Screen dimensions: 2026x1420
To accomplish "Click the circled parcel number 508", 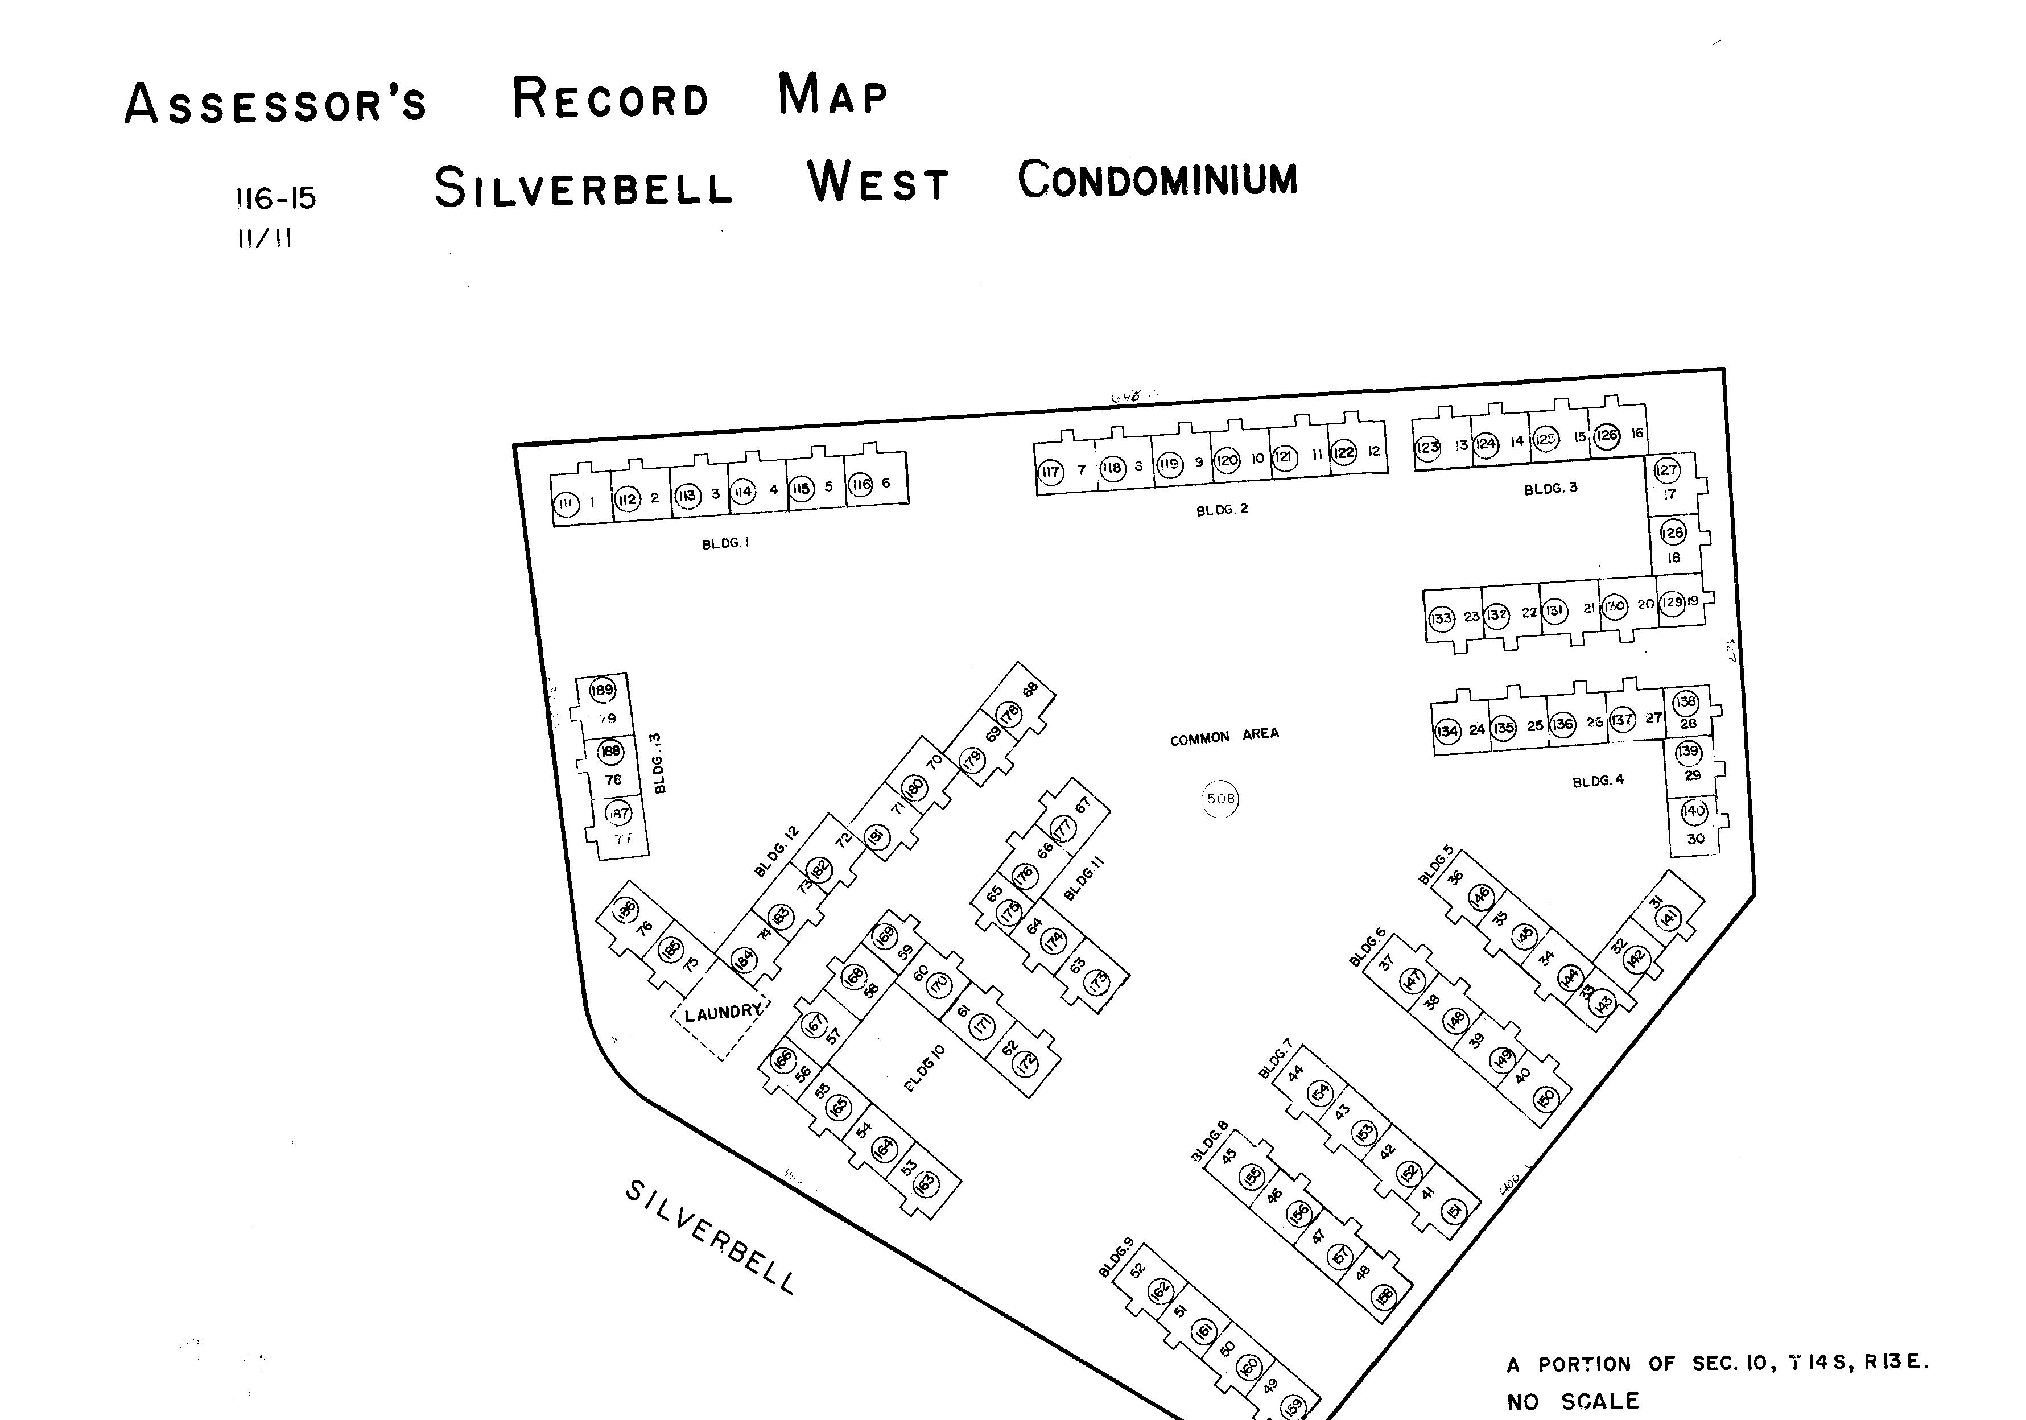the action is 1220,799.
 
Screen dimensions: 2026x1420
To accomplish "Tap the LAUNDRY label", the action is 722,1012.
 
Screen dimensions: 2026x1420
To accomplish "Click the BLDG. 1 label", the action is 725,544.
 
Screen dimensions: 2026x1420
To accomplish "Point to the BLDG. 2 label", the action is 1222,509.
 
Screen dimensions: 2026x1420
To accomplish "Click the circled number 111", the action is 566,505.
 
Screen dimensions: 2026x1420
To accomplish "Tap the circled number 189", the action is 603,690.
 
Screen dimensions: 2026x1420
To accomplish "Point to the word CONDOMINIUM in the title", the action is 1158,179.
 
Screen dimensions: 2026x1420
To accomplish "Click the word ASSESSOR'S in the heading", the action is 275,103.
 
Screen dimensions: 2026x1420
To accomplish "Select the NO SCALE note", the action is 1573,1401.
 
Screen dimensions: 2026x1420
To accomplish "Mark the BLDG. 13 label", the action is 660,763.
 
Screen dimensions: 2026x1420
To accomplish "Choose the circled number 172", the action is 1025,1063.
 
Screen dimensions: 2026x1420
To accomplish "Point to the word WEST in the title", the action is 878,183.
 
